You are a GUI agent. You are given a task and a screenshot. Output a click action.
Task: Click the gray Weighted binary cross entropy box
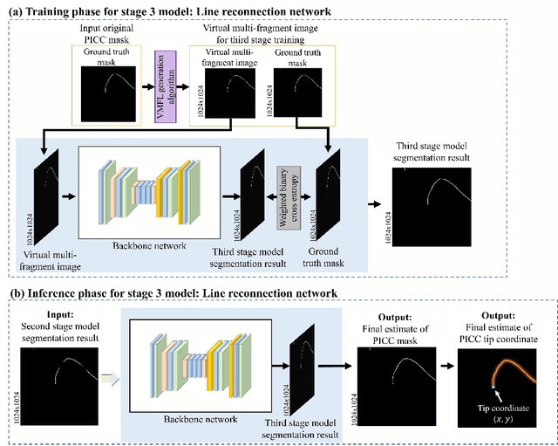click(283, 197)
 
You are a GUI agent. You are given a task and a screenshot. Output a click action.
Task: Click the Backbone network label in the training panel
click(149, 246)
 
